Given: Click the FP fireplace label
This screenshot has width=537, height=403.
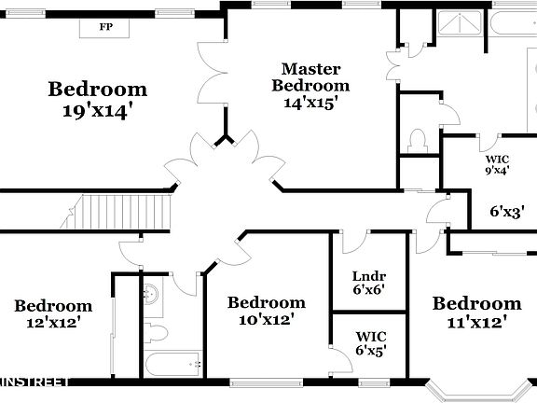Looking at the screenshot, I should [106, 27].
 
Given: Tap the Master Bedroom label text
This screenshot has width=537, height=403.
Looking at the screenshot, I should [311, 76].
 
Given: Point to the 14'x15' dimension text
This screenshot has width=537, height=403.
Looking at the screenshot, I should [311, 103].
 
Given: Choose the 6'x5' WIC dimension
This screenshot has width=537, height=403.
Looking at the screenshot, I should [371, 351].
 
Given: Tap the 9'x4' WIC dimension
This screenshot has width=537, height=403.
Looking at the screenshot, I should [496, 171].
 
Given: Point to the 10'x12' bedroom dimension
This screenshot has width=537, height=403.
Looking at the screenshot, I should [266, 319].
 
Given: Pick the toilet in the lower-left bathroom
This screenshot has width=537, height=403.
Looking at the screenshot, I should [156, 333].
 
